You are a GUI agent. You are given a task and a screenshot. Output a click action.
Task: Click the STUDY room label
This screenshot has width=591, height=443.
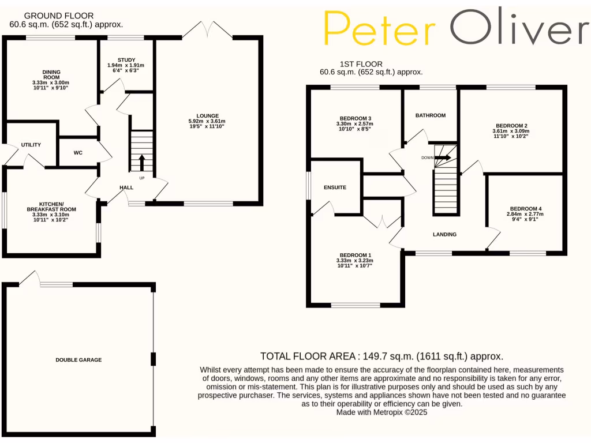[126, 60]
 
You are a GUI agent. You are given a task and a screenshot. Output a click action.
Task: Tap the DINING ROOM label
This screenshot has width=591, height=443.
[51, 74]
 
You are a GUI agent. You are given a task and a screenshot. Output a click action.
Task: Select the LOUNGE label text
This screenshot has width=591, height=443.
[208, 115]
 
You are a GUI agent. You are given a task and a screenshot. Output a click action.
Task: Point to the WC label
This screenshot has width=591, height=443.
[78, 153]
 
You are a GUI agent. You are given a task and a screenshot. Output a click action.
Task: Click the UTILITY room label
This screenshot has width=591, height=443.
[31, 145]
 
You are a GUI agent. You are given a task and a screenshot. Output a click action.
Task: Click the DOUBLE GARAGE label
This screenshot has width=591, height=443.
[78, 360]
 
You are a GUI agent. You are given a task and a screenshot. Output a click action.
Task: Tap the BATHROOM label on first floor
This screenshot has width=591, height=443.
[431, 115]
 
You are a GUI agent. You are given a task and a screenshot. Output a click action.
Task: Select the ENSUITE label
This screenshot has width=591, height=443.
[335, 187]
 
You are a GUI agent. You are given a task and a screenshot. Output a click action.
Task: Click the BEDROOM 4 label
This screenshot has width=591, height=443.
[526, 209]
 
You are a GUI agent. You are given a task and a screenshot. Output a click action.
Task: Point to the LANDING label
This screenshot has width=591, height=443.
[445, 234]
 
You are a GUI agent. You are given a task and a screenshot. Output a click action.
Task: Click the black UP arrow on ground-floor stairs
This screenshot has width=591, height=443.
[141, 162]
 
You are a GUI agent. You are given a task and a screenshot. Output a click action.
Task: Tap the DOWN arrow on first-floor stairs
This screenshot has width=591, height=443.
[443, 157]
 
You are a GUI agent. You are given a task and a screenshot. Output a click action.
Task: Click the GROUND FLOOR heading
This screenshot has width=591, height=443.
[51, 16]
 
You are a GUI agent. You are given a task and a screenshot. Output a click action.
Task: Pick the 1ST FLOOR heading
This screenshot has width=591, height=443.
[362, 64]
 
